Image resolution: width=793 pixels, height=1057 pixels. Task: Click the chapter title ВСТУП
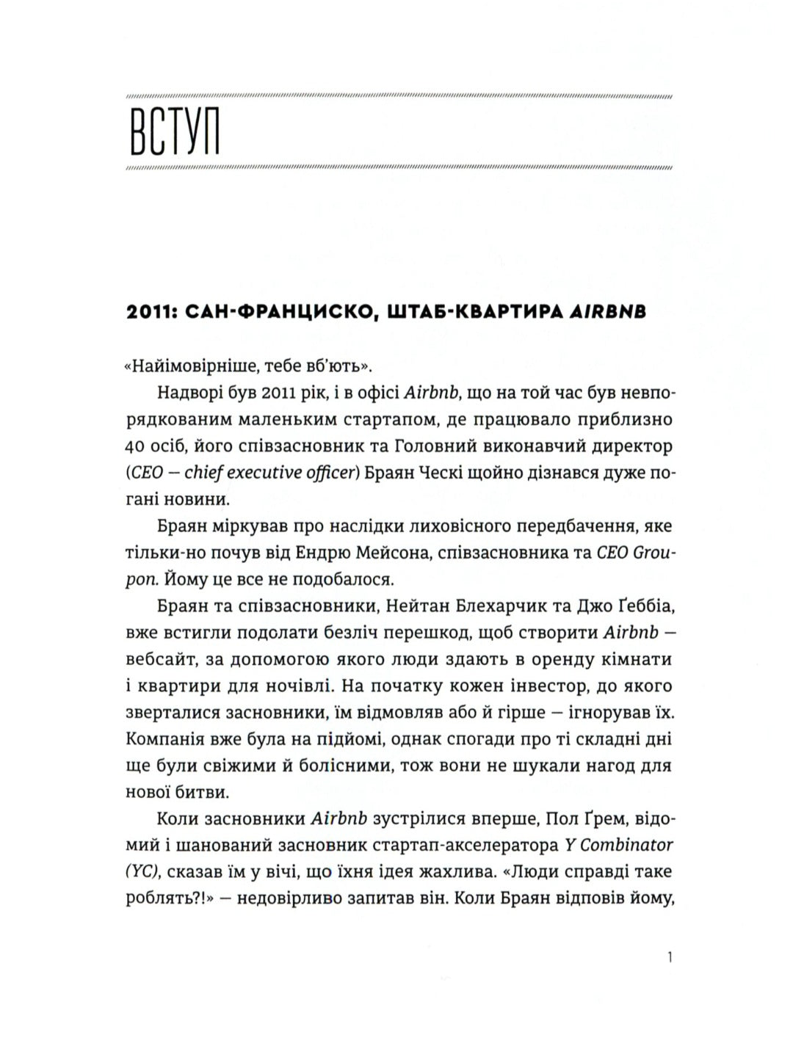tap(175, 134)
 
